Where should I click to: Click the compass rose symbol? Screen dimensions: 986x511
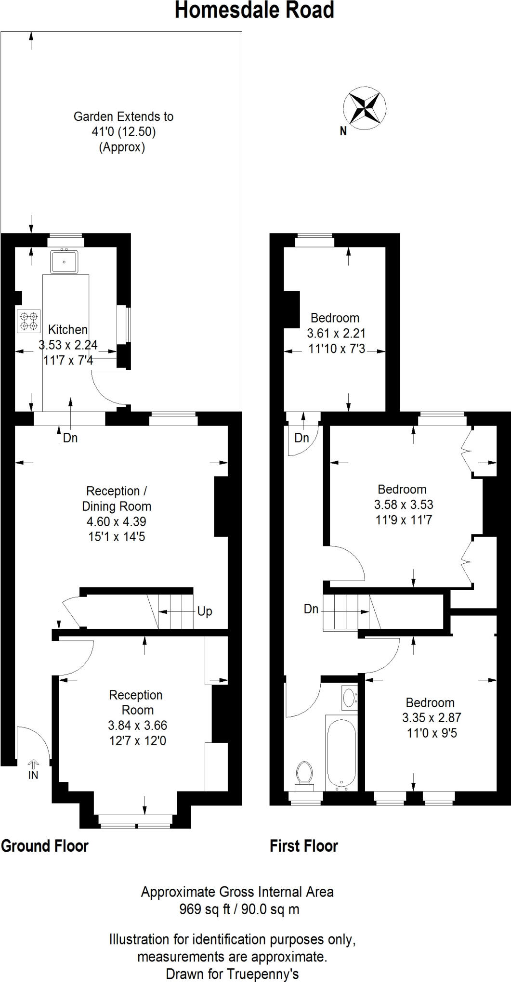(x=365, y=108)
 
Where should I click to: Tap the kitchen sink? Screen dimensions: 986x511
(x=64, y=261)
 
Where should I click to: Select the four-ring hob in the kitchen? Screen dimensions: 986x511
(x=28, y=322)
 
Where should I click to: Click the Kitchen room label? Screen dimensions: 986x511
(x=68, y=330)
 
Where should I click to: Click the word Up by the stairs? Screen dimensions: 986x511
(x=205, y=611)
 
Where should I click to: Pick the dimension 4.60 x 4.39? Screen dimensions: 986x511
(x=116, y=521)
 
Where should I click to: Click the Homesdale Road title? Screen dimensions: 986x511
(x=254, y=11)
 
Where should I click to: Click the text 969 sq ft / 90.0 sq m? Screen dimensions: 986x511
(x=239, y=909)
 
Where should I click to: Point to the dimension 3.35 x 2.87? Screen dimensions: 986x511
(x=432, y=718)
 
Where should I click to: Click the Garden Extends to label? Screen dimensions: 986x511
(x=123, y=117)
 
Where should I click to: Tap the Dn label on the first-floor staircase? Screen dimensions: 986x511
(x=311, y=609)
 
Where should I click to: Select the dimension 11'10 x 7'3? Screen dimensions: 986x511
(x=337, y=349)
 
